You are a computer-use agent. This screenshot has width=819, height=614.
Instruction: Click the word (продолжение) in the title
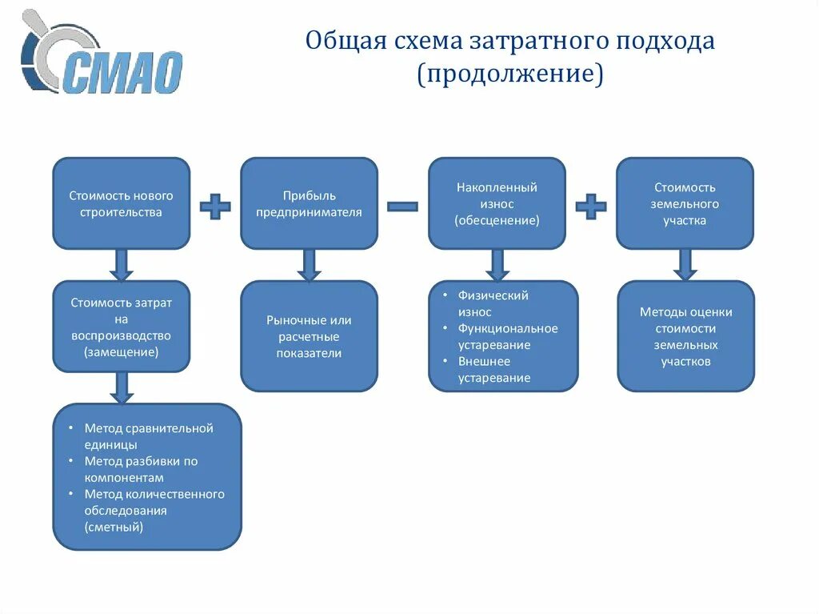509,74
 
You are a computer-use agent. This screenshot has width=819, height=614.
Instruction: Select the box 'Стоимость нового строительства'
121,203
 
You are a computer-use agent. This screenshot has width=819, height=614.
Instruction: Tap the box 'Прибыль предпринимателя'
309,203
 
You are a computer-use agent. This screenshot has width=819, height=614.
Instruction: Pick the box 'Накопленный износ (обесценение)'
497,203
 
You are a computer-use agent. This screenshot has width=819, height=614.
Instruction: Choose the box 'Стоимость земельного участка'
685,203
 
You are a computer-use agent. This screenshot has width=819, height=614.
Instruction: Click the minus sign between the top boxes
402,206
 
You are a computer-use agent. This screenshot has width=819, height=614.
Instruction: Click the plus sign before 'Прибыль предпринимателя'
214,206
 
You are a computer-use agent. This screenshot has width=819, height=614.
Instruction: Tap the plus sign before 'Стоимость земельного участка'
590,206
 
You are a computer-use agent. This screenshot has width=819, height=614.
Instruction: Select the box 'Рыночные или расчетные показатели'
309,336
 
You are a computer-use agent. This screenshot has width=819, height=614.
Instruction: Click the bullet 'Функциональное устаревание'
507,336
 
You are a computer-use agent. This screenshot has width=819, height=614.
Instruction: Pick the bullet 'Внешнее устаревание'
494,370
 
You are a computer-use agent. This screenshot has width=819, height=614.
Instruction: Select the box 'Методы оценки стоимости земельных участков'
685,336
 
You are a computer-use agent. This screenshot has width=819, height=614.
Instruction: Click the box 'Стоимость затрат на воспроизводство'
121,327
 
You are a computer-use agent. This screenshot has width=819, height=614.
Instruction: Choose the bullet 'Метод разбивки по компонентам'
140,469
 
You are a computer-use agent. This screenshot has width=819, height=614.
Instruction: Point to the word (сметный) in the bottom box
114,527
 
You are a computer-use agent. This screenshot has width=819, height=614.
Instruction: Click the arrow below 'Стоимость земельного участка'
685,264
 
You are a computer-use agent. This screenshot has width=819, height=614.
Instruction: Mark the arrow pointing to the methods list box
121,387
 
